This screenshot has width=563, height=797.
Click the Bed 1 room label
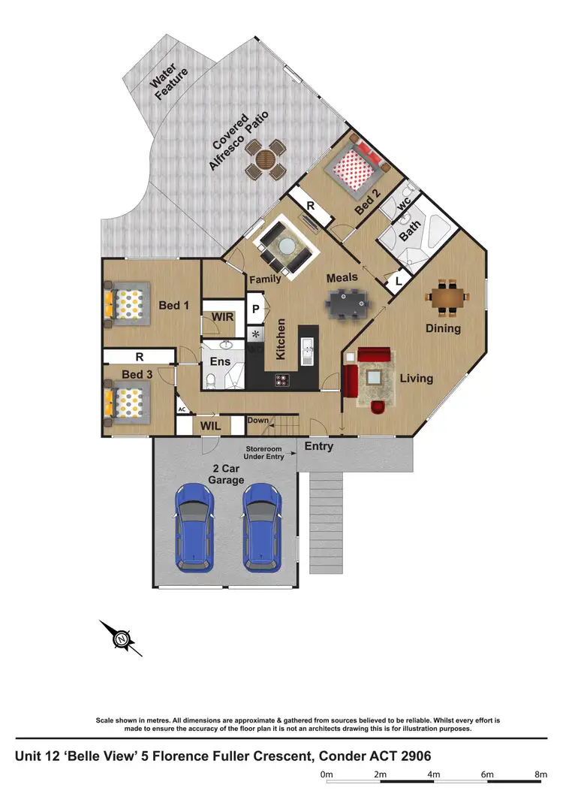point(174,306)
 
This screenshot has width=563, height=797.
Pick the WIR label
point(223,317)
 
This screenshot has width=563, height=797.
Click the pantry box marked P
point(256,309)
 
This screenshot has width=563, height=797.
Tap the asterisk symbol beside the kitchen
point(256,334)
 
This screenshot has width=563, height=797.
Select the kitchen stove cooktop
point(281,379)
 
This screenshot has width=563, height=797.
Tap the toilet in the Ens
point(212,382)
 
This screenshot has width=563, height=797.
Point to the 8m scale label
point(540,774)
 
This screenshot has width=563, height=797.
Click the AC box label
point(182,409)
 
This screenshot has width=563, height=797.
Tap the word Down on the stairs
point(257,421)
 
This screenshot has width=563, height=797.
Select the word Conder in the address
point(328,754)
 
